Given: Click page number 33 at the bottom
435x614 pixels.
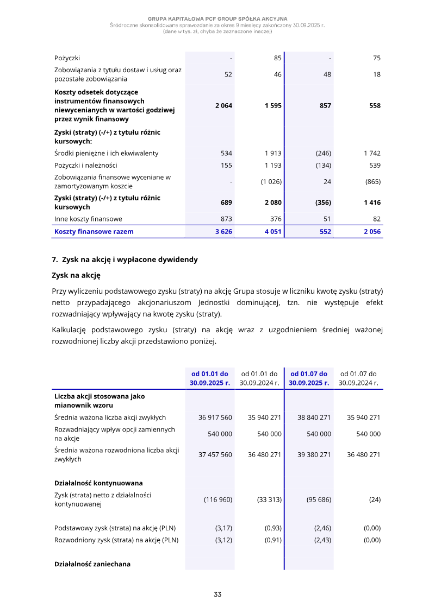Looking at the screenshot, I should point(217,594).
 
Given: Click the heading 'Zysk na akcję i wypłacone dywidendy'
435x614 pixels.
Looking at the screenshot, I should point(129,259).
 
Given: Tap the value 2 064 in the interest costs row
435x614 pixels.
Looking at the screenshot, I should point(223,106).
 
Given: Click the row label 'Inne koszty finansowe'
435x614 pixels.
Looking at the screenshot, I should point(88,219).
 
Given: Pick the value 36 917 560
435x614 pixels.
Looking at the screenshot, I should point(215,417).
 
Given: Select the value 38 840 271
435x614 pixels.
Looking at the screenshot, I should point(314,417).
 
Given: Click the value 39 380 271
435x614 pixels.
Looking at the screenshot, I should point(314,454).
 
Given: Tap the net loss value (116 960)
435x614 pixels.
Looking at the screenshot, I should point(218,499).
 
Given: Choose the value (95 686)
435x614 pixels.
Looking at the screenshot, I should point(319,499).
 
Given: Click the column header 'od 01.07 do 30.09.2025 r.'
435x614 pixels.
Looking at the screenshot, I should point(309,378).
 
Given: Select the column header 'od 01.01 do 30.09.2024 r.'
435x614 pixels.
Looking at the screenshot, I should point(259,378).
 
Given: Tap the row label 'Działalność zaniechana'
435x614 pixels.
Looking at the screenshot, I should point(92,564).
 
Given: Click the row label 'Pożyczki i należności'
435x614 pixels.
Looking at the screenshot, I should point(85,165).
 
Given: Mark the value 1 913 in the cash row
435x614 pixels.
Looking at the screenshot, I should point(273,153).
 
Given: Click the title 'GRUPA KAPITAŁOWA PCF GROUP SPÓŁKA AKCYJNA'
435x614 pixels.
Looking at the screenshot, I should point(217,19).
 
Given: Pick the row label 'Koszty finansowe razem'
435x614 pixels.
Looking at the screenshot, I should point(94,232).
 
